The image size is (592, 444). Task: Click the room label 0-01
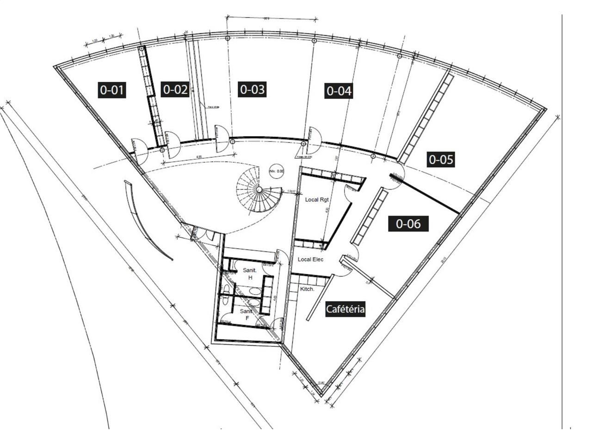[x=112, y=89]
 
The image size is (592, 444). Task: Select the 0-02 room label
[x=175, y=89]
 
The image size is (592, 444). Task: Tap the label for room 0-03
[x=252, y=89]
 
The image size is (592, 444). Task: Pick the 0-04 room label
[x=339, y=91]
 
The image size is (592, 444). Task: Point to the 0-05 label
[x=441, y=160]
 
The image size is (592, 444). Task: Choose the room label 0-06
[x=408, y=224]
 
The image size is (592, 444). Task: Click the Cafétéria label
[x=345, y=309]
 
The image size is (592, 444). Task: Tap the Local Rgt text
[x=317, y=200]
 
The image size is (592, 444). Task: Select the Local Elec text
[x=310, y=259]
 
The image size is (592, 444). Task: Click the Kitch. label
[x=307, y=289]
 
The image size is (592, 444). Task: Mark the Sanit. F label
[x=246, y=315]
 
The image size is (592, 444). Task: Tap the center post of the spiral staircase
[x=259, y=190]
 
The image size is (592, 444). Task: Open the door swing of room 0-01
[x=139, y=149]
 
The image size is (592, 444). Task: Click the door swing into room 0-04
[x=314, y=140]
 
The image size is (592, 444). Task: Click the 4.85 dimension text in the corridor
[x=199, y=157]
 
